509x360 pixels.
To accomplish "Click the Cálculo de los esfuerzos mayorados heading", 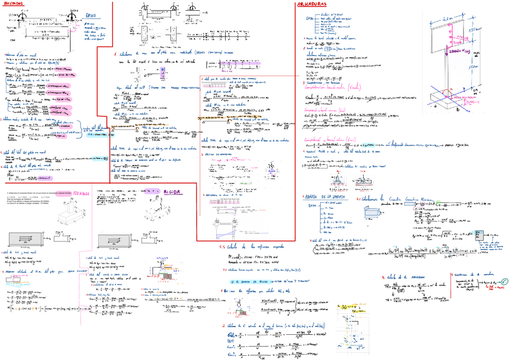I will tap(252, 246).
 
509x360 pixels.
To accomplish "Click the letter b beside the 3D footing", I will tap(457, 111).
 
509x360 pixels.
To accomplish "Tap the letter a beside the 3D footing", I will tap(435, 112).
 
